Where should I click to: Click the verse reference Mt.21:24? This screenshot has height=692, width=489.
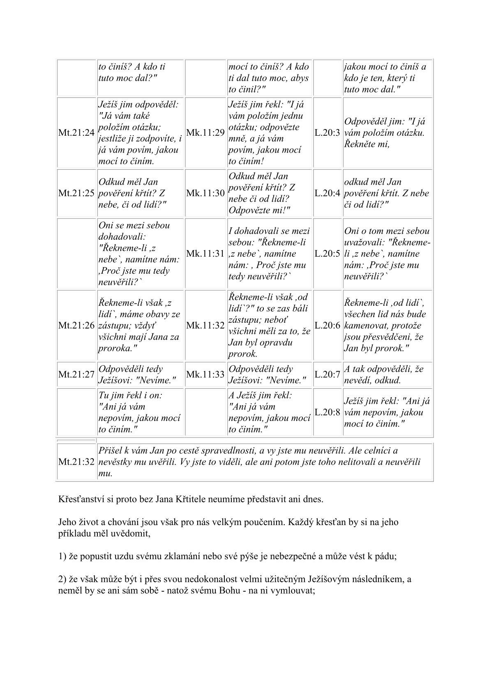(76, 133)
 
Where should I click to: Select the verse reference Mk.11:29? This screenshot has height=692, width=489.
(205, 133)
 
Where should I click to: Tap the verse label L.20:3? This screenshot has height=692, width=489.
(328, 133)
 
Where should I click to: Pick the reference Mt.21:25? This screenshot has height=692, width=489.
(76, 193)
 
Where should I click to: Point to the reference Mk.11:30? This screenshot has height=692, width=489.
(205, 193)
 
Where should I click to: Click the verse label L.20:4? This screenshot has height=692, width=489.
(328, 193)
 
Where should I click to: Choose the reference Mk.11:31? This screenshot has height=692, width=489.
(205, 254)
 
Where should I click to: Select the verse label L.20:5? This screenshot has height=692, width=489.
(328, 254)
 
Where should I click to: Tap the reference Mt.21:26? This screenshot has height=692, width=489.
(76, 326)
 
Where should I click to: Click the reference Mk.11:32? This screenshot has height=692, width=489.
(205, 326)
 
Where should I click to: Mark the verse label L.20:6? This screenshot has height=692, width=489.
(328, 326)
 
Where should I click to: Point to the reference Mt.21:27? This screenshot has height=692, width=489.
(76, 375)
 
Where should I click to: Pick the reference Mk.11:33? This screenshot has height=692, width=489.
(205, 375)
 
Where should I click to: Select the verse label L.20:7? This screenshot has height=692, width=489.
(328, 375)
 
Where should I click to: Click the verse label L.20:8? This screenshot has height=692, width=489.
(328, 412)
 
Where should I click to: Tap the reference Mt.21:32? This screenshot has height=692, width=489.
(76, 462)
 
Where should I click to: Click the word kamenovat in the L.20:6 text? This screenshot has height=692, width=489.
(363, 326)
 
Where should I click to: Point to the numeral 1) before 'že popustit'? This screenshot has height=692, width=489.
(62, 557)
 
